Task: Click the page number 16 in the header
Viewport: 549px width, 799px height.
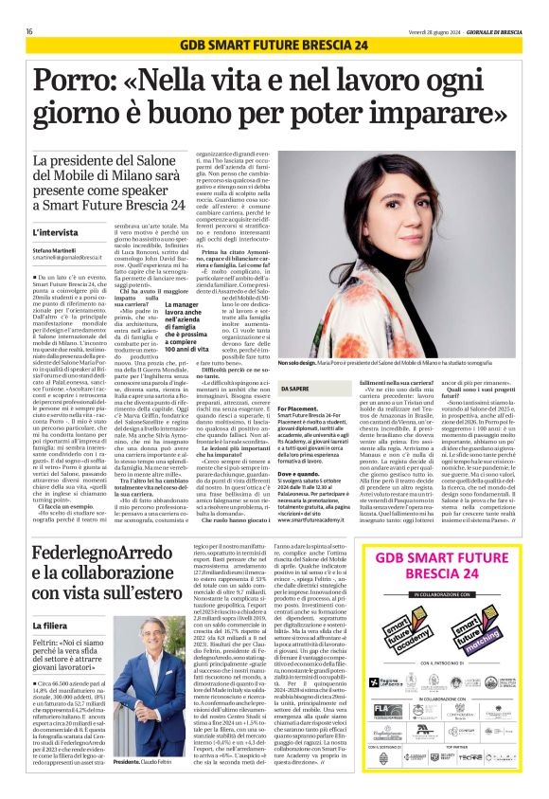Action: pos(29,31)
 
